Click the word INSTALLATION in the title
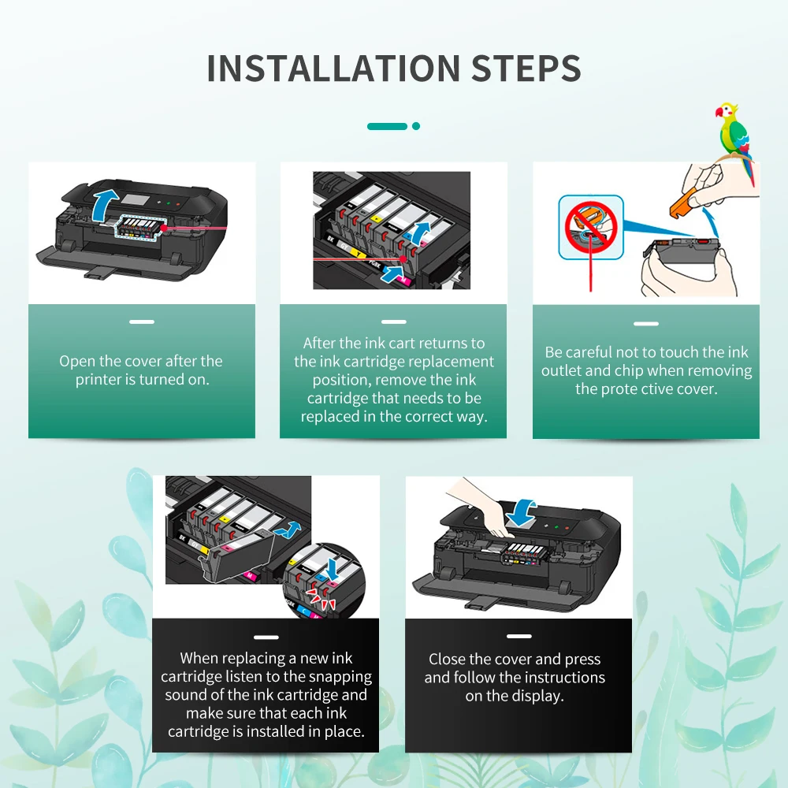click(333, 69)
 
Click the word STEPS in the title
click(526, 69)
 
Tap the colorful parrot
click(734, 141)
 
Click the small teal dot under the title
click(416, 126)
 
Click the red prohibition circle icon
click(591, 227)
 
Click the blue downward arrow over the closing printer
click(522, 512)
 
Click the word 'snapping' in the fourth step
click(343, 676)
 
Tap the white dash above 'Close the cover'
click(519, 636)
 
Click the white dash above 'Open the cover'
click(142, 322)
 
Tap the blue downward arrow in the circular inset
click(332, 568)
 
